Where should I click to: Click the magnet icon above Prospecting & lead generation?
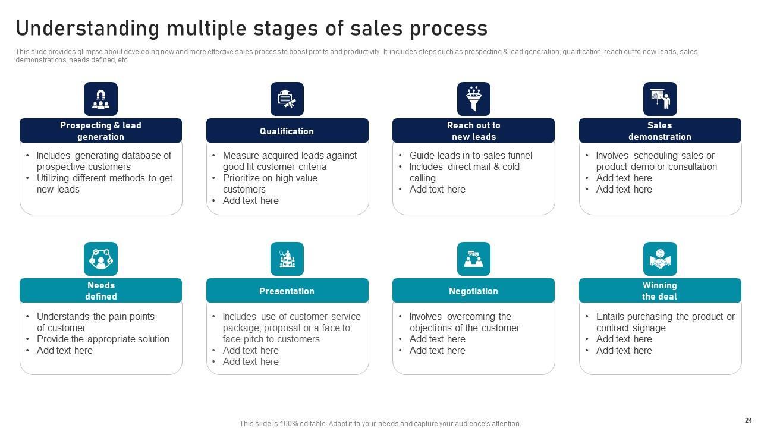pos(100,99)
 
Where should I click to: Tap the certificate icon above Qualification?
pos(287,99)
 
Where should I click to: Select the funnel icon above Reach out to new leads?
pos(474,99)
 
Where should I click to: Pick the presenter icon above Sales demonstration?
pos(660,99)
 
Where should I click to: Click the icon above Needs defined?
pos(100,259)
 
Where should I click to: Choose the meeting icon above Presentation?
pos(287,259)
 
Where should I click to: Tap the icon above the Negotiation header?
pos(474,259)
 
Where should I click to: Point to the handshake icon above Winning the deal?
pos(660,259)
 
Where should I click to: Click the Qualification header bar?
pos(287,131)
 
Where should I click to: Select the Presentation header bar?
pos(287,291)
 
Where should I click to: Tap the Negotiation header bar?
pos(474,291)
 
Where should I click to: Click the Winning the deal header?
pos(660,291)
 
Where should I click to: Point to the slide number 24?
pos(748,420)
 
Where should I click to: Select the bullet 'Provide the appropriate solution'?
pos(103,339)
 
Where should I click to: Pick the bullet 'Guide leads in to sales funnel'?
pos(470,155)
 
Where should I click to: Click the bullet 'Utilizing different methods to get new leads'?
pos(104,184)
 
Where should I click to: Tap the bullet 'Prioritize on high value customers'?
pos(270,184)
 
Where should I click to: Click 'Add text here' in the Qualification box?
pos(250,200)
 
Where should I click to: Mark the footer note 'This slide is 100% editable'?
pos(380,424)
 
